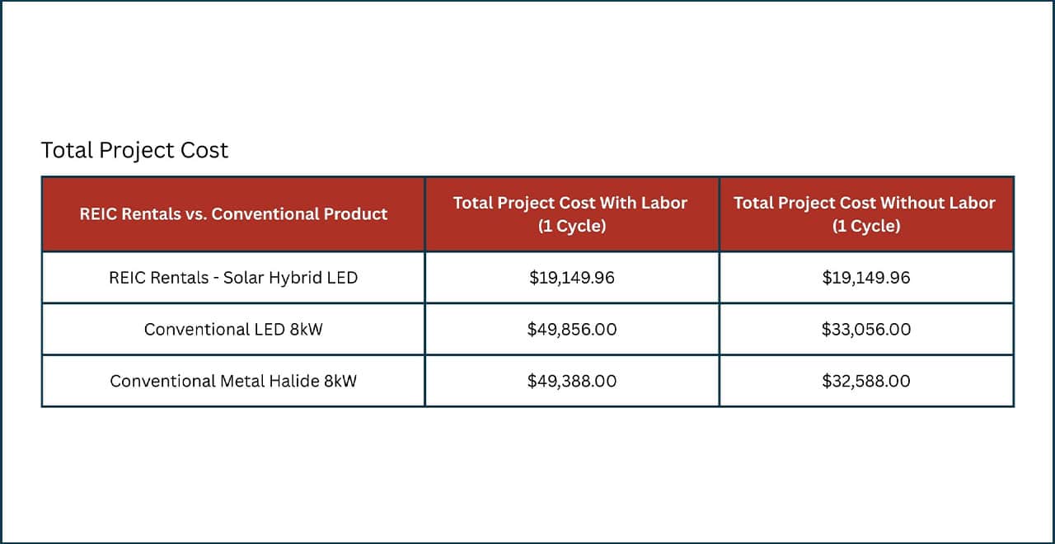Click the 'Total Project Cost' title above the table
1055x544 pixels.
[134, 150]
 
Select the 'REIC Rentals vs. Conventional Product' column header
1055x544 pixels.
[233, 213]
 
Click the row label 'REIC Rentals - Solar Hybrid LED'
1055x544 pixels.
[233, 278]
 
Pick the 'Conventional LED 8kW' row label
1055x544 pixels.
[233, 330]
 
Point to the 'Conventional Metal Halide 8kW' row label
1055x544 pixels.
[233, 381]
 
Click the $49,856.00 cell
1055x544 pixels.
[572, 330]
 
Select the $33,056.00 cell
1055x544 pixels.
[866, 330]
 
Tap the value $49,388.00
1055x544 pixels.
[572, 381]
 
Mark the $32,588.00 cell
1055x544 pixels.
[866, 381]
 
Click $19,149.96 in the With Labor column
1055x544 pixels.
[572, 278]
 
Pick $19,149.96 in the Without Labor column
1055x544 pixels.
[866, 278]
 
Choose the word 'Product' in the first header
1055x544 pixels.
[352, 213]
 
